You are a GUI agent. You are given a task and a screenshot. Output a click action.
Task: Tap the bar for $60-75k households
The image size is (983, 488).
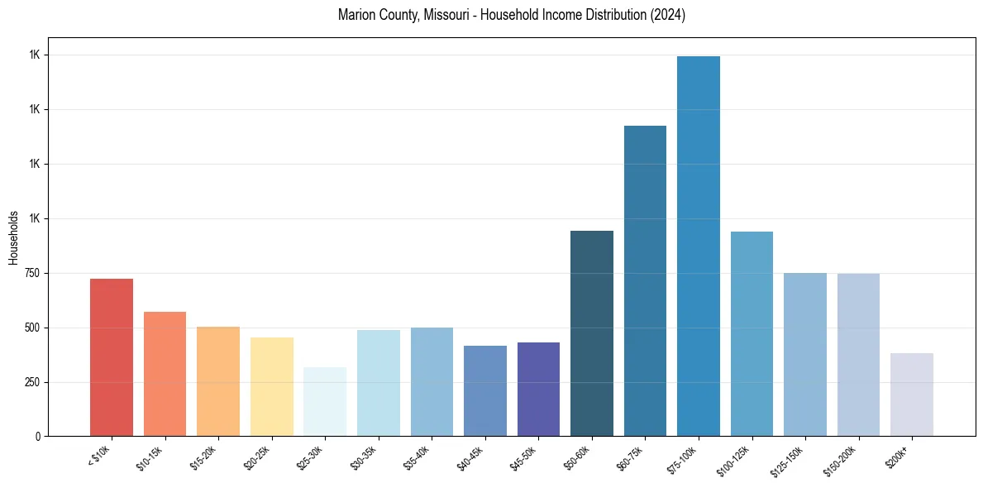tap(645, 280)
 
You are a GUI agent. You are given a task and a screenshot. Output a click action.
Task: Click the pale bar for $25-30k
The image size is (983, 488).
tap(325, 401)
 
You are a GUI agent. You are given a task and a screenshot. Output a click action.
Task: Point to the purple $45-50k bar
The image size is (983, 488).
tap(538, 389)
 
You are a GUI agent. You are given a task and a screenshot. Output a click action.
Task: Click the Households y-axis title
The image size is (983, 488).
tap(13, 237)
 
